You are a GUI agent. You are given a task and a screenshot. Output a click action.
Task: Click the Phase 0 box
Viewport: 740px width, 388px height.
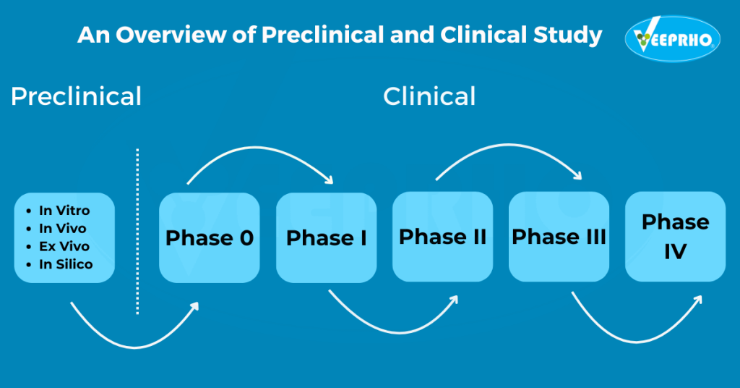point(209,237)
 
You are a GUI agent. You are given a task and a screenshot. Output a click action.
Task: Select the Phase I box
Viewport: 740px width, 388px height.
point(326,237)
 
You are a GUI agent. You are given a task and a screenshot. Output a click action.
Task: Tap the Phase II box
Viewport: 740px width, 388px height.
point(442,237)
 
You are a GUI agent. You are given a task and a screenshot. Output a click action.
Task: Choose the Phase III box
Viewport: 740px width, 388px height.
point(559,237)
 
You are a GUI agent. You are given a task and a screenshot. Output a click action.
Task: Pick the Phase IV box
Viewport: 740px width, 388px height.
point(675,237)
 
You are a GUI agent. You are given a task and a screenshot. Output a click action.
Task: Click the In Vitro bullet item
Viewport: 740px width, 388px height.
point(64,211)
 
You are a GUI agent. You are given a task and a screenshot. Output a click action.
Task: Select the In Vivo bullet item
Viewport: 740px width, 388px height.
point(62,229)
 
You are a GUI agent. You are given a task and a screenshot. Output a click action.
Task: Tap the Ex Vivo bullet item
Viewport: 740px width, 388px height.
point(64,247)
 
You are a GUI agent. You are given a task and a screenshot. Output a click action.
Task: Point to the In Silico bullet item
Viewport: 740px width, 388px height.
point(66,265)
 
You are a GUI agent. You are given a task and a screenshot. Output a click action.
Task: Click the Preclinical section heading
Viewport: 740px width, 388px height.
point(76,96)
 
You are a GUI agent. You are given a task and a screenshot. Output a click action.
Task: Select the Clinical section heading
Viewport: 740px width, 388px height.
point(429,96)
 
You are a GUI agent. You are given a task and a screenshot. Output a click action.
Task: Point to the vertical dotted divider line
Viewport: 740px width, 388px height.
point(137,232)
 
